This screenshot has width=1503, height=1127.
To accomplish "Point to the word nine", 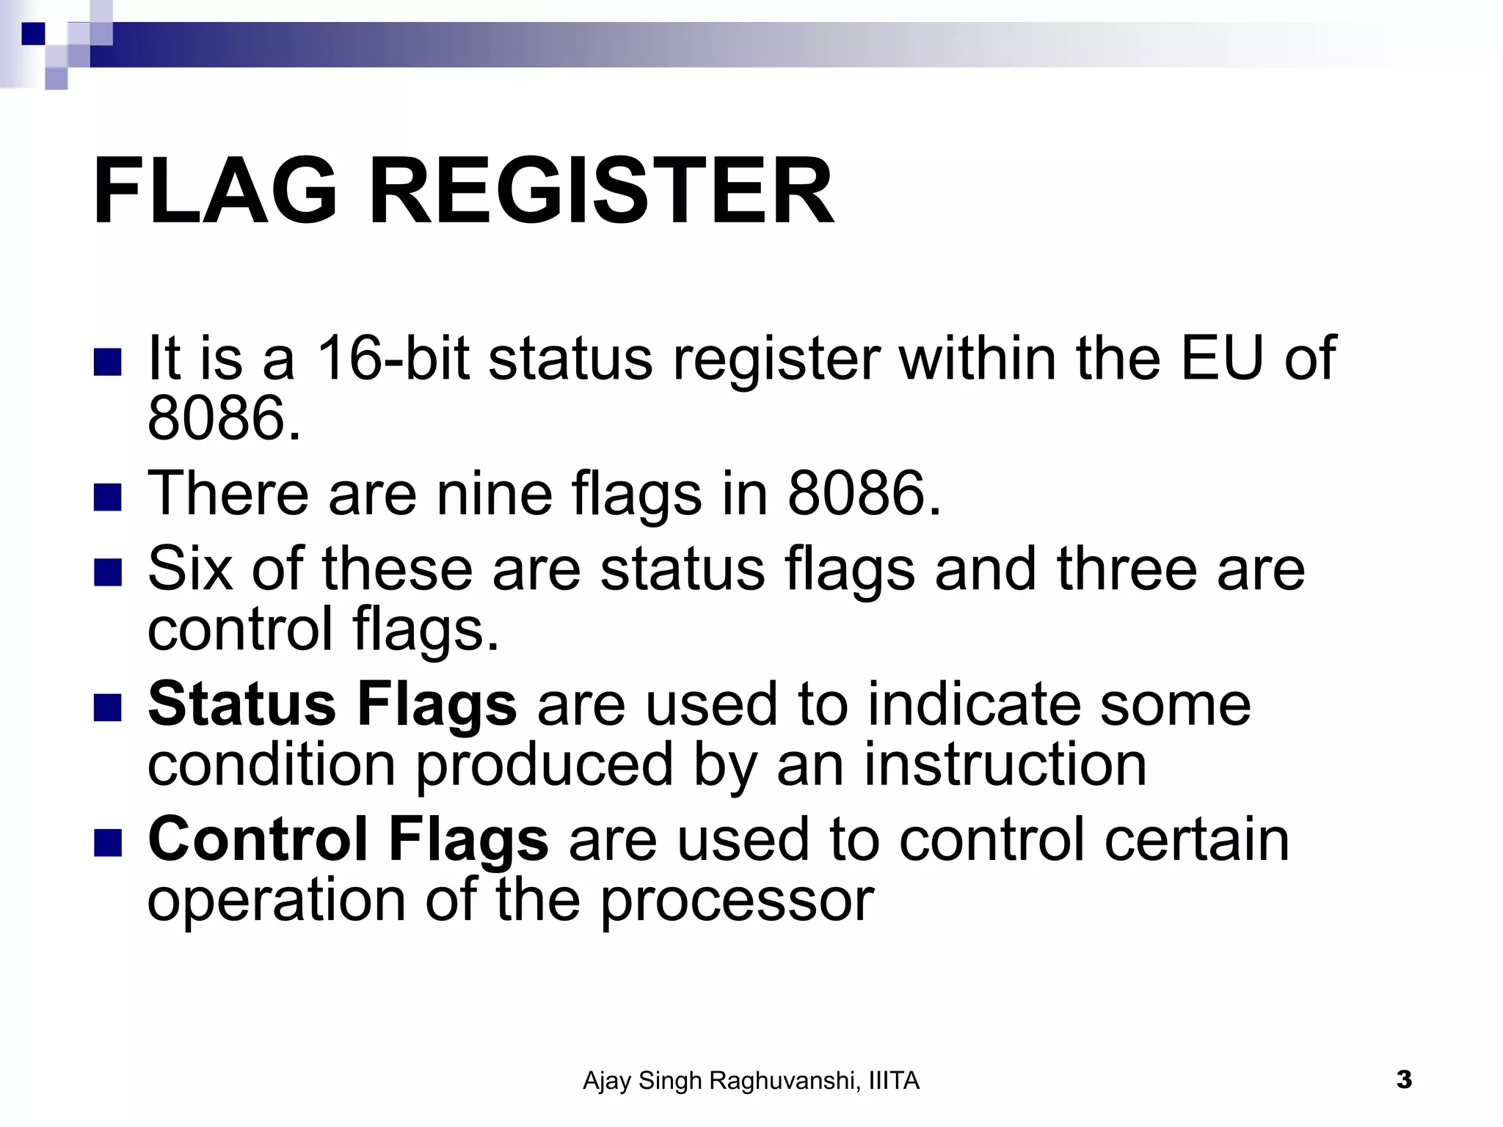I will (495, 493).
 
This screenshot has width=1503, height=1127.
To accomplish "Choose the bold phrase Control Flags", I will (348, 839).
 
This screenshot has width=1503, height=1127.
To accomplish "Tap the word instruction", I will (1005, 765).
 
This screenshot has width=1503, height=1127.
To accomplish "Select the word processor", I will (738, 901).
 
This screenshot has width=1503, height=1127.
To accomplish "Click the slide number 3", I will (1404, 1080).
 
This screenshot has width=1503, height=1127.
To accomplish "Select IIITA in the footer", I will (893, 1081).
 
